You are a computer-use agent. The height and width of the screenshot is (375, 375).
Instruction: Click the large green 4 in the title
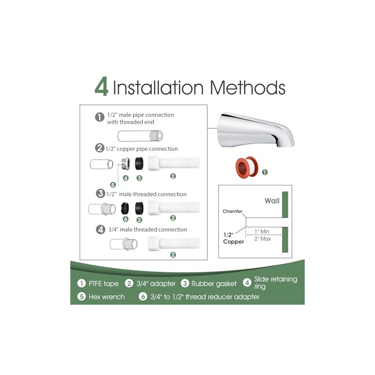click(x=101, y=86)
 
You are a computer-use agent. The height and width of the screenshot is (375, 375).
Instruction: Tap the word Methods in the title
click(x=247, y=87)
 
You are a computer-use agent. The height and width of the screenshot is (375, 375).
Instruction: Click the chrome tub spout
click(x=255, y=130)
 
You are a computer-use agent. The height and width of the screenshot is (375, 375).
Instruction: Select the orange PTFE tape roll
click(x=247, y=167)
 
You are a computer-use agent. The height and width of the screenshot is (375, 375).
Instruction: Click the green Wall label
click(x=272, y=201)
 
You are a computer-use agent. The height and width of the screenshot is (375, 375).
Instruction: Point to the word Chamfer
click(x=232, y=211)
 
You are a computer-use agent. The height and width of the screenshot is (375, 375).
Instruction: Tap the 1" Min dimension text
click(x=262, y=231)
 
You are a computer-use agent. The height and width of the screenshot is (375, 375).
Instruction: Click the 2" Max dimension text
click(x=262, y=239)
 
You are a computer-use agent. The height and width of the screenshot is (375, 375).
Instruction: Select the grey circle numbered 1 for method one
click(x=99, y=117)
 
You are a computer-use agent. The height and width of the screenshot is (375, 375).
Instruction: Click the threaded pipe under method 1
click(x=140, y=136)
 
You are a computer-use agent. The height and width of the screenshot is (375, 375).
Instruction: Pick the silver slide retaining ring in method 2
click(x=125, y=163)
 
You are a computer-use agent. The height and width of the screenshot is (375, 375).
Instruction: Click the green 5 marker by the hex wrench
click(x=113, y=185)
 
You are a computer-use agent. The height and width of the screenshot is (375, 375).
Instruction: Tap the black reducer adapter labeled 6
click(x=125, y=208)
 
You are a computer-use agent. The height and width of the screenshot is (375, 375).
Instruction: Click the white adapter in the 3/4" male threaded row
click(x=174, y=243)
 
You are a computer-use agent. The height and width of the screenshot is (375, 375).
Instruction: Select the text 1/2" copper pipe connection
click(x=142, y=149)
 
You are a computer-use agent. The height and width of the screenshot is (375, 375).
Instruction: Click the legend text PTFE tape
click(x=104, y=284)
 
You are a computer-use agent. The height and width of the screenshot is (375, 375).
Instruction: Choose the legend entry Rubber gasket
click(x=214, y=284)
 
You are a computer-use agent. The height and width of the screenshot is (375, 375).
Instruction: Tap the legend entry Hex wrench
click(x=107, y=297)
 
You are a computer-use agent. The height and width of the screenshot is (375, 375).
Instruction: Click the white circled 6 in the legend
click(x=143, y=297)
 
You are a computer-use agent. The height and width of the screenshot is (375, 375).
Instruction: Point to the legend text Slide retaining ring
click(x=276, y=283)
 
